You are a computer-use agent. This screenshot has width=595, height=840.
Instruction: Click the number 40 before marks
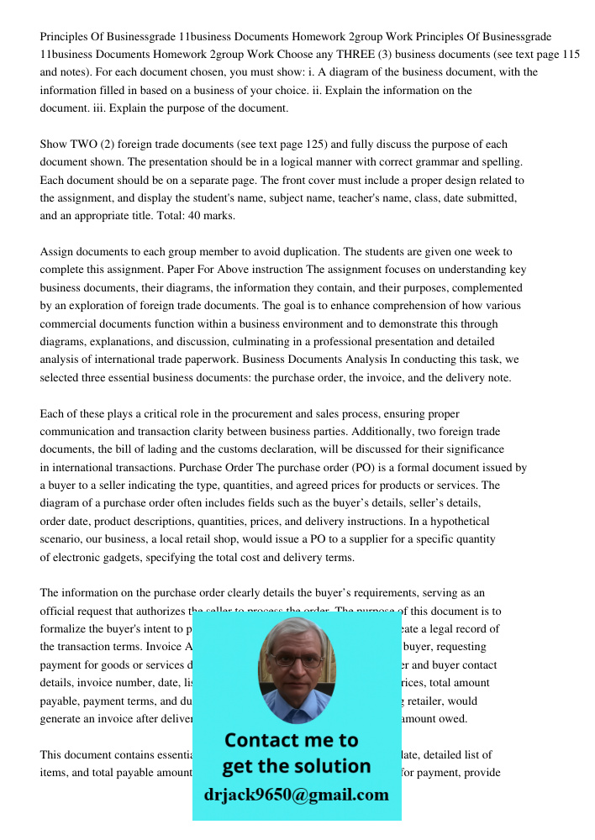pyautogui.click(x=178, y=216)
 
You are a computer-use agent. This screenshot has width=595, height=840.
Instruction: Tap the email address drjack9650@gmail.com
pyautogui.click(x=296, y=795)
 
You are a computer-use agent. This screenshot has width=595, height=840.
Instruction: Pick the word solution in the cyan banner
pyautogui.click(x=331, y=766)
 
